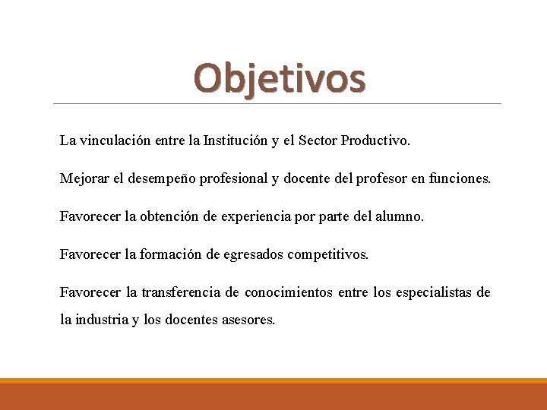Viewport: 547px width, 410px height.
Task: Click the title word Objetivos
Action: point(279,79)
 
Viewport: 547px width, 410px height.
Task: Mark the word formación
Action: point(172,254)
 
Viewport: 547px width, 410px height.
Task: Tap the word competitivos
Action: point(327,255)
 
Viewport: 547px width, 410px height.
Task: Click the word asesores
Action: point(248,320)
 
